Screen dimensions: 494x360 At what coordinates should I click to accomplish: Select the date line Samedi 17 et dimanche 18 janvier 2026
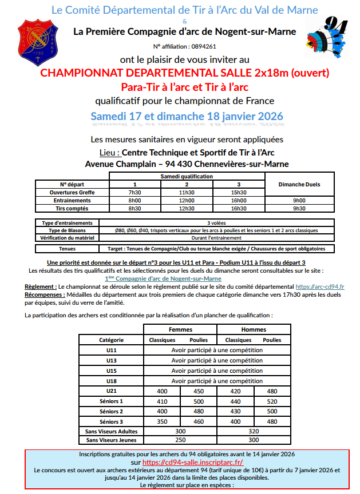[x=187, y=116]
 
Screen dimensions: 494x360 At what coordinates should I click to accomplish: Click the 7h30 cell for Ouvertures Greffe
[x=134, y=193]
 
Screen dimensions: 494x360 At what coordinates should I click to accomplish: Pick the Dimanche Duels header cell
[x=299, y=185]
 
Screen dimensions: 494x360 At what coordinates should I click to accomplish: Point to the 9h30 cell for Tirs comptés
[x=299, y=209]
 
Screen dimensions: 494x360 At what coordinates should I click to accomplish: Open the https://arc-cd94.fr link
[x=319, y=286]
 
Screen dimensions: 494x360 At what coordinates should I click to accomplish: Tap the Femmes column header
[x=180, y=329]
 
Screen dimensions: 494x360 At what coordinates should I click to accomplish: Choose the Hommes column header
[x=254, y=329]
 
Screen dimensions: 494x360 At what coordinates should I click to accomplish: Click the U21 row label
[x=111, y=391]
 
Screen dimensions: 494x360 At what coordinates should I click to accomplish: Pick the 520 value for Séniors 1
[x=272, y=401]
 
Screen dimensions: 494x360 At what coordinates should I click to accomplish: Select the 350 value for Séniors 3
[x=162, y=421]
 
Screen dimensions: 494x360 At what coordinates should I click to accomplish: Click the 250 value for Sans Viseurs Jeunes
[x=180, y=441]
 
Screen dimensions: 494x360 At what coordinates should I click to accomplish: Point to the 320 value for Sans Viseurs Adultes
[x=254, y=431]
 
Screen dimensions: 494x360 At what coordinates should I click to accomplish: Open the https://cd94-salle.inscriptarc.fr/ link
[x=192, y=462]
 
